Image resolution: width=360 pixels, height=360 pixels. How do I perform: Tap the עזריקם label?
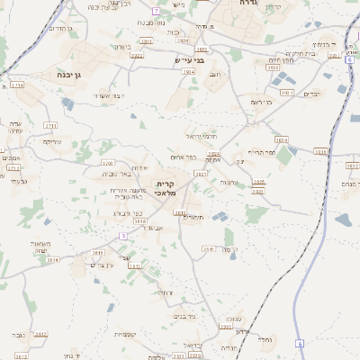pyautogui.click(x=52, y=141)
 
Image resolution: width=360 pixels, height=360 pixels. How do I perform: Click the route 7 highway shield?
pyautogui.click(x=156, y=10)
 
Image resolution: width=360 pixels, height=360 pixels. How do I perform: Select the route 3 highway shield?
pyautogui.click(x=123, y=235)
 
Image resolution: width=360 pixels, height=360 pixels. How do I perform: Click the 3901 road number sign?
pyautogui.click(x=286, y=92)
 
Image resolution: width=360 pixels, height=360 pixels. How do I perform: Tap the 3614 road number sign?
pyautogui.click(x=52, y=259)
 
